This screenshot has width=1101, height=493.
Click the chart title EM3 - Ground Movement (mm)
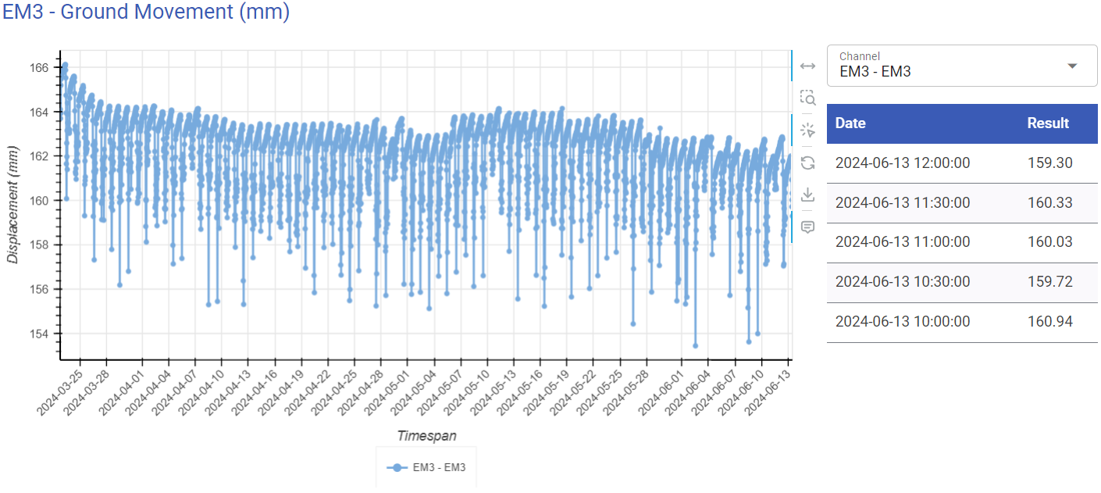(146, 13)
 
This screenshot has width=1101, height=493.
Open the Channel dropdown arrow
(1072, 66)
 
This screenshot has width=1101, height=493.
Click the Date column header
(850, 123)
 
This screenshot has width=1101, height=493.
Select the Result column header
(1048, 123)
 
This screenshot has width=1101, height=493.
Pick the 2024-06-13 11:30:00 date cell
(903, 203)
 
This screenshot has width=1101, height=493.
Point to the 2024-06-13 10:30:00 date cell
(903, 282)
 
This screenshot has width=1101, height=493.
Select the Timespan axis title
(426, 435)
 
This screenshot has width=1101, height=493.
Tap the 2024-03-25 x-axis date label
(61, 391)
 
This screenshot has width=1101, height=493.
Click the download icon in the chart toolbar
(808, 195)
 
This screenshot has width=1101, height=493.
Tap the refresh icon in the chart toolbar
(808, 163)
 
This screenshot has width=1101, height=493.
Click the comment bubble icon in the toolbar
(808, 227)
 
